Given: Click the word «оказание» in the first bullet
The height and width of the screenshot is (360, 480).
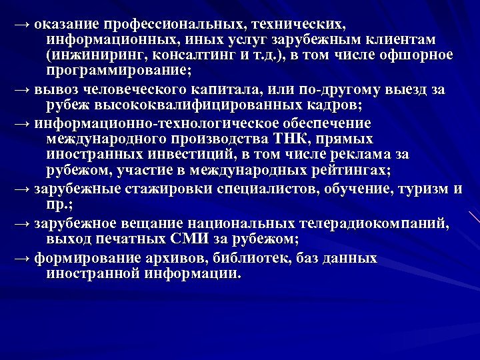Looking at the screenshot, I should pyautogui.click(x=65, y=25).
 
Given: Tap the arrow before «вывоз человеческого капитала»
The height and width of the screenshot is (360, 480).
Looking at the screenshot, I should pyautogui.click(x=22, y=90).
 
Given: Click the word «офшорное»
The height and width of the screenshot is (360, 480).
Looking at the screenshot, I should pyautogui.click(x=420, y=55).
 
